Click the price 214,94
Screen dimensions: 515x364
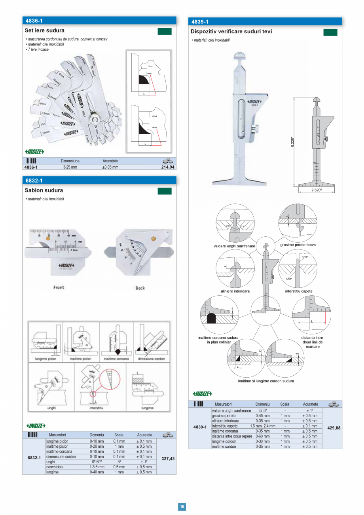pyautogui.click(x=168, y=167)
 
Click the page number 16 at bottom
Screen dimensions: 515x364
pyautogui.click(x=182, y=506)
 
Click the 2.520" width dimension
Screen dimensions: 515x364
pyautogui.click(x=316, y=190)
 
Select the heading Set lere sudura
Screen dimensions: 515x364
pyautogui.click(x=44, y=30)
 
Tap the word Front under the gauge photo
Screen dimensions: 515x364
pyautogui.click(x=59, y=287)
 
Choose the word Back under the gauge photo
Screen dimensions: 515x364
pyautogui.click(x=140, y=288)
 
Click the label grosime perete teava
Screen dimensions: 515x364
pyautogui.click(x=298, y=245)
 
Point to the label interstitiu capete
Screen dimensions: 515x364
pyautogui.click(x=298, y=291)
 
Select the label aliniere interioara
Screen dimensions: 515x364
pyautogui.click(x=235, y=291)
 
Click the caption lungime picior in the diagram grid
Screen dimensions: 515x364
pyautogui.click(x=43, y=359)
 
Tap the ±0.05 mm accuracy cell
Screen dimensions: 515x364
pyautogui.click(x=110, y=167)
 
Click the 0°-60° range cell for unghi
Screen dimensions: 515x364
pyautogui.click(x=97, y=462)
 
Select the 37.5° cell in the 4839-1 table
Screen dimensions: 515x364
pyautogui.click(x=262, y=411)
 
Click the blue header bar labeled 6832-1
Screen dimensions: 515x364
pyautogui.click(x=99, y=181)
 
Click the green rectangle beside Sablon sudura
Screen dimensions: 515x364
pyautogui.click(x=165, y=192)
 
